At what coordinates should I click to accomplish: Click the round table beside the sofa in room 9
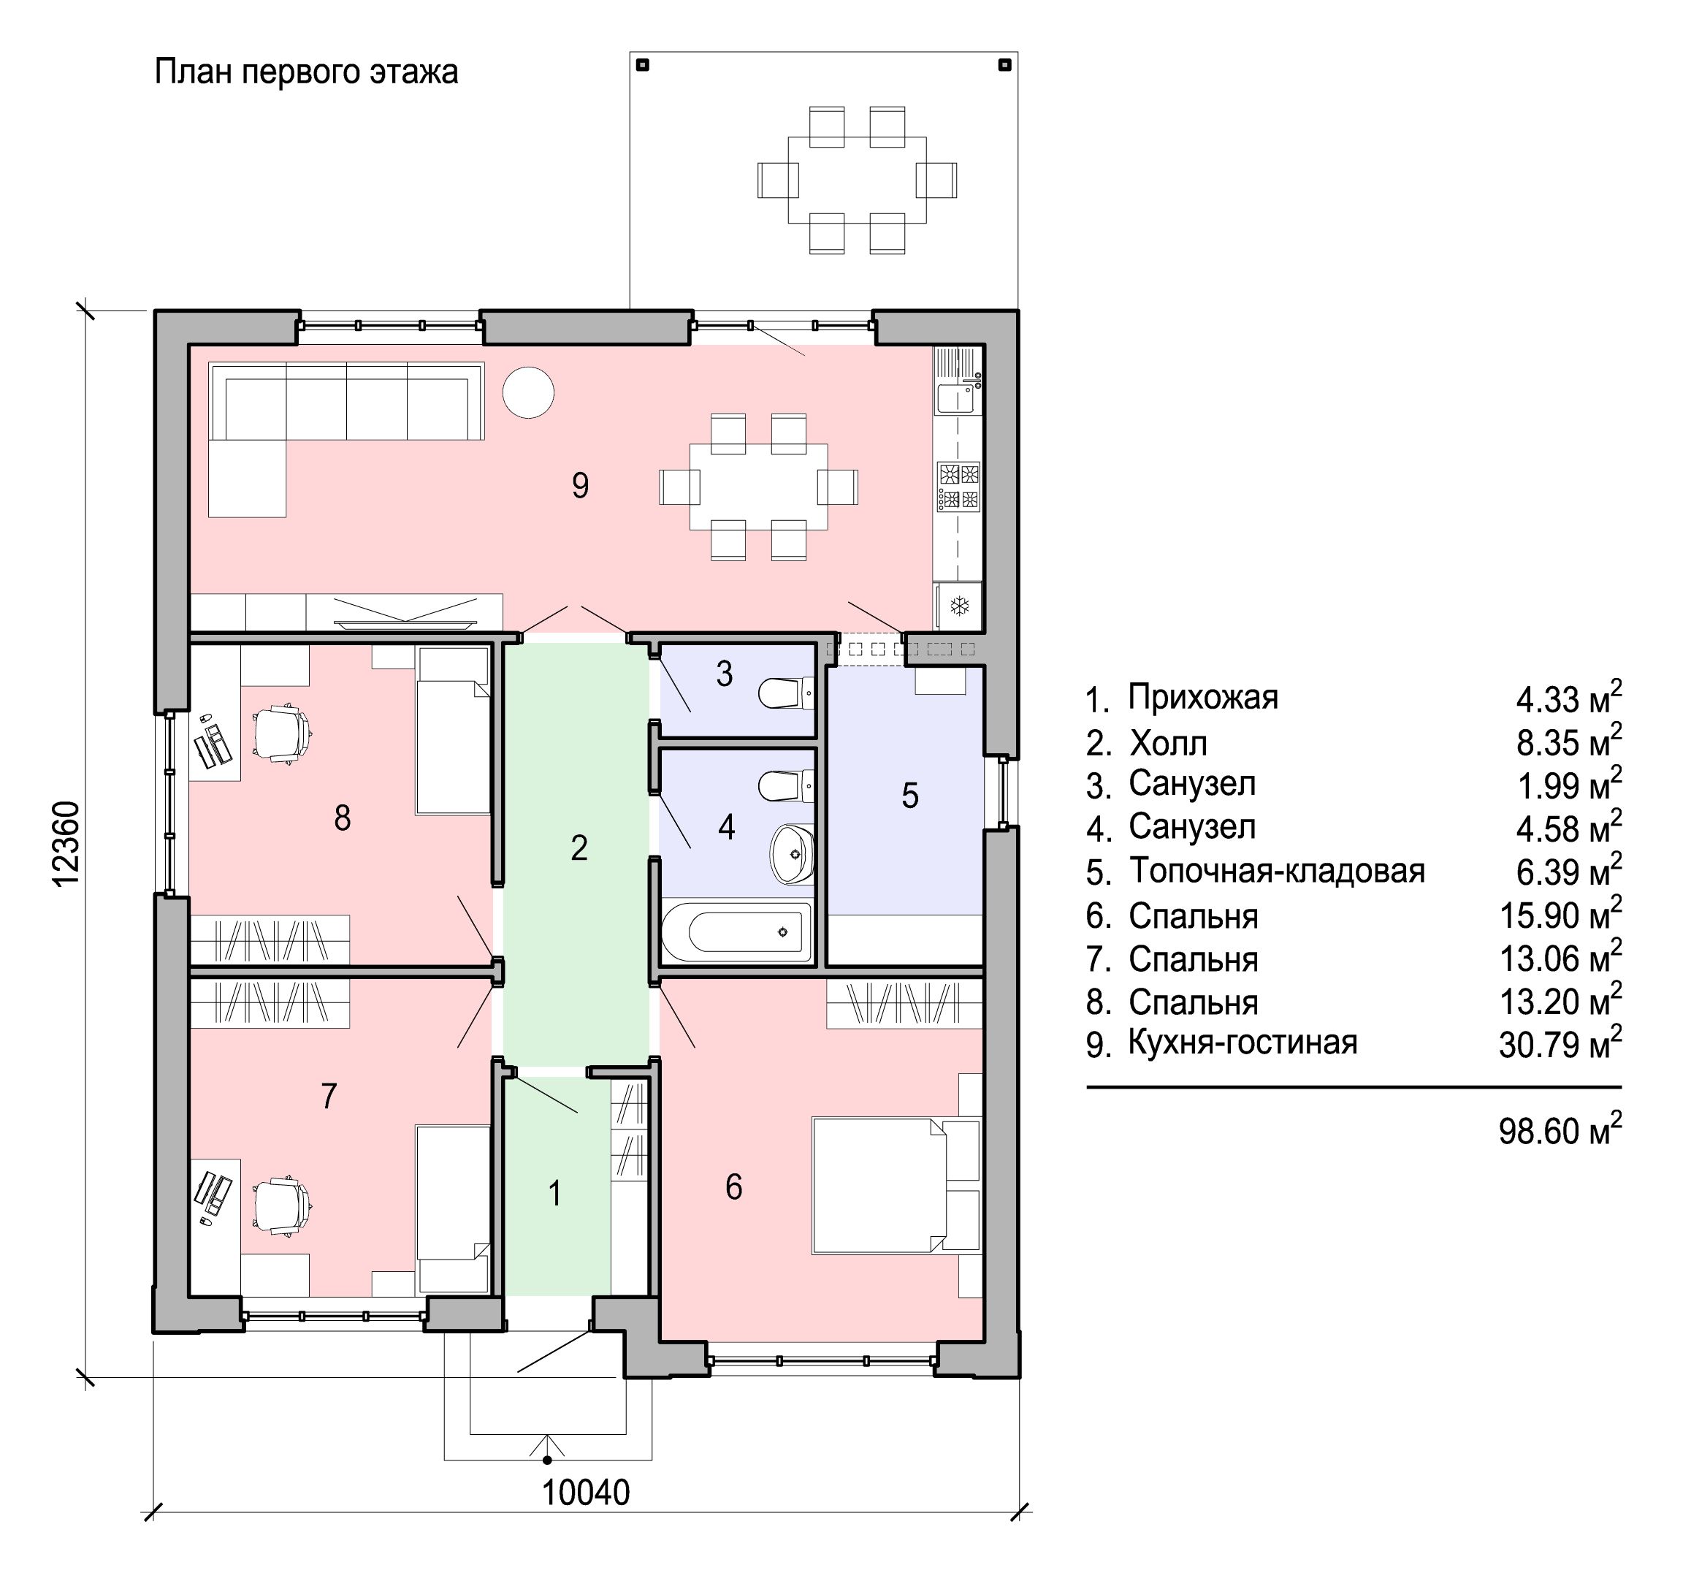[528, 392]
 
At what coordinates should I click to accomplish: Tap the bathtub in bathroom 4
[738, 931]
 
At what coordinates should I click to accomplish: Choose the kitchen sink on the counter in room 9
[957, 397]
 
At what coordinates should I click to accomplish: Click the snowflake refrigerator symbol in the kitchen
[960, 606]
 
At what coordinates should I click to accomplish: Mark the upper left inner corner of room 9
[190, 346]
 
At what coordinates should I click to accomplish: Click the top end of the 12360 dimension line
[85, 310]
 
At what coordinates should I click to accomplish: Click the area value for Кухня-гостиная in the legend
[1560, 1043]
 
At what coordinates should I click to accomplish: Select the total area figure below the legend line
[1560, 1130]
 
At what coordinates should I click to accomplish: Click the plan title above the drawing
[306, 72]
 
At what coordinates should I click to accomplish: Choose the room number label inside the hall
[579, 847]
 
